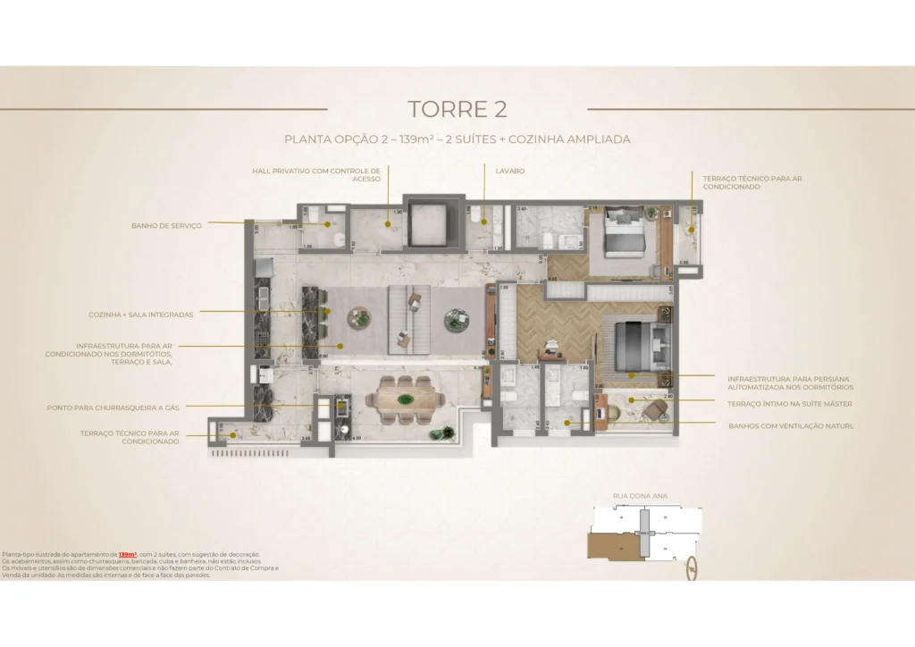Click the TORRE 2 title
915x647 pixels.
click(x=457, y=109)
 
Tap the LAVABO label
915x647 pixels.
click(x=510, y=170)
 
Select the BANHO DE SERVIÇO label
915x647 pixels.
click(x=166, y=226)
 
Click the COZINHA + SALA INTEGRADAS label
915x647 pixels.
click(x=141, y=315)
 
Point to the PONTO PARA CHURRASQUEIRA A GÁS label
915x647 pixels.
click(x=113, y=408)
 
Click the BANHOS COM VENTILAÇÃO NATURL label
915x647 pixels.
click(x=790, y=426)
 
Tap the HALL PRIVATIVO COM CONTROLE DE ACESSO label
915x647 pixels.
click(x=316, y=173)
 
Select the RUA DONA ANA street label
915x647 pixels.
click(x=640, y=495)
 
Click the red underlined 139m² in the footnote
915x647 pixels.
click(x=126, y=555)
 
